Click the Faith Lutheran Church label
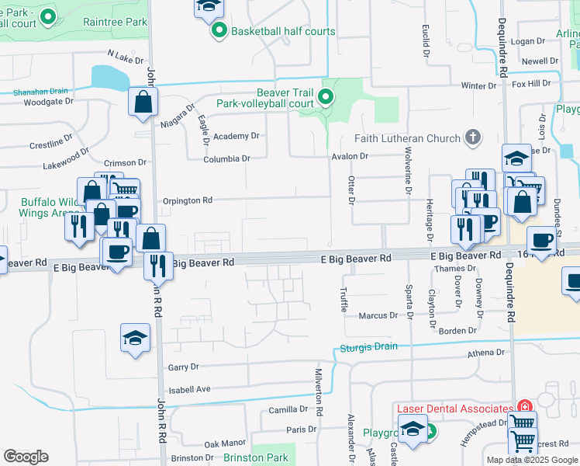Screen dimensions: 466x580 (x=407, y=139)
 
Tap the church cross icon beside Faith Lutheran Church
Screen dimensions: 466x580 (x=473, y=138)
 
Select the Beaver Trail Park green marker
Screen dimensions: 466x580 (x=326, y=97)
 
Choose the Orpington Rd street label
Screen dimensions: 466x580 (x=188, y=200)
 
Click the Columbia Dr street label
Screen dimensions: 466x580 (x=227, y=158)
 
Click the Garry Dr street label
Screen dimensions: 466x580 (x=183, y=367)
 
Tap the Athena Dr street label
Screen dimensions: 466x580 (x=485, y=353)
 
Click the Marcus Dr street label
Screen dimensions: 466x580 (x=378, y=316)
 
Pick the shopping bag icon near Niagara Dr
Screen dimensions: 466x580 (x=143, y=101)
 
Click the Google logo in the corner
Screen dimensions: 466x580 (x=26, y=457)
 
